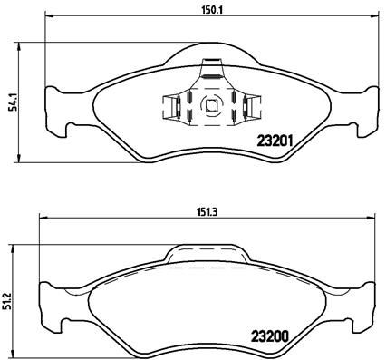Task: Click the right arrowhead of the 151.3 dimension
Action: pyautogui.click(x=375, y=219)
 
